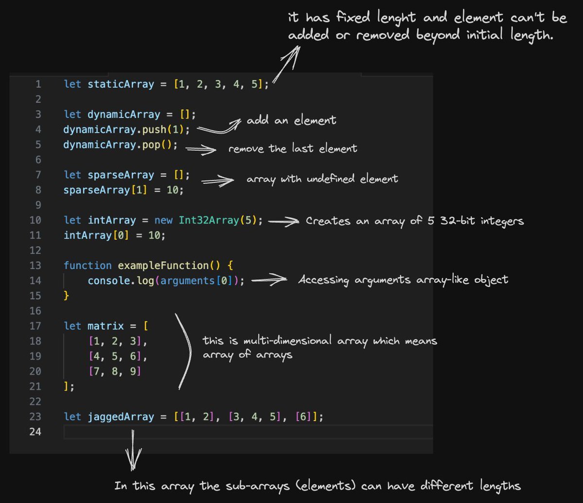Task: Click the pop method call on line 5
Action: pyautogui.click(x=155, y=145)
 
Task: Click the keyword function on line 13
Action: pyautogui.click(x=87, y=266)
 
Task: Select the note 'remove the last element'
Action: pyautogui.click(x=292, y=149)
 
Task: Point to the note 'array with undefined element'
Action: pyautogui.click(x=322, y=179)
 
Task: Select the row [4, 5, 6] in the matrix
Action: pyautogui.click(x=117, y=356)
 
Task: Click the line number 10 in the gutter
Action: pyautogui.click(x=35, y=220)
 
